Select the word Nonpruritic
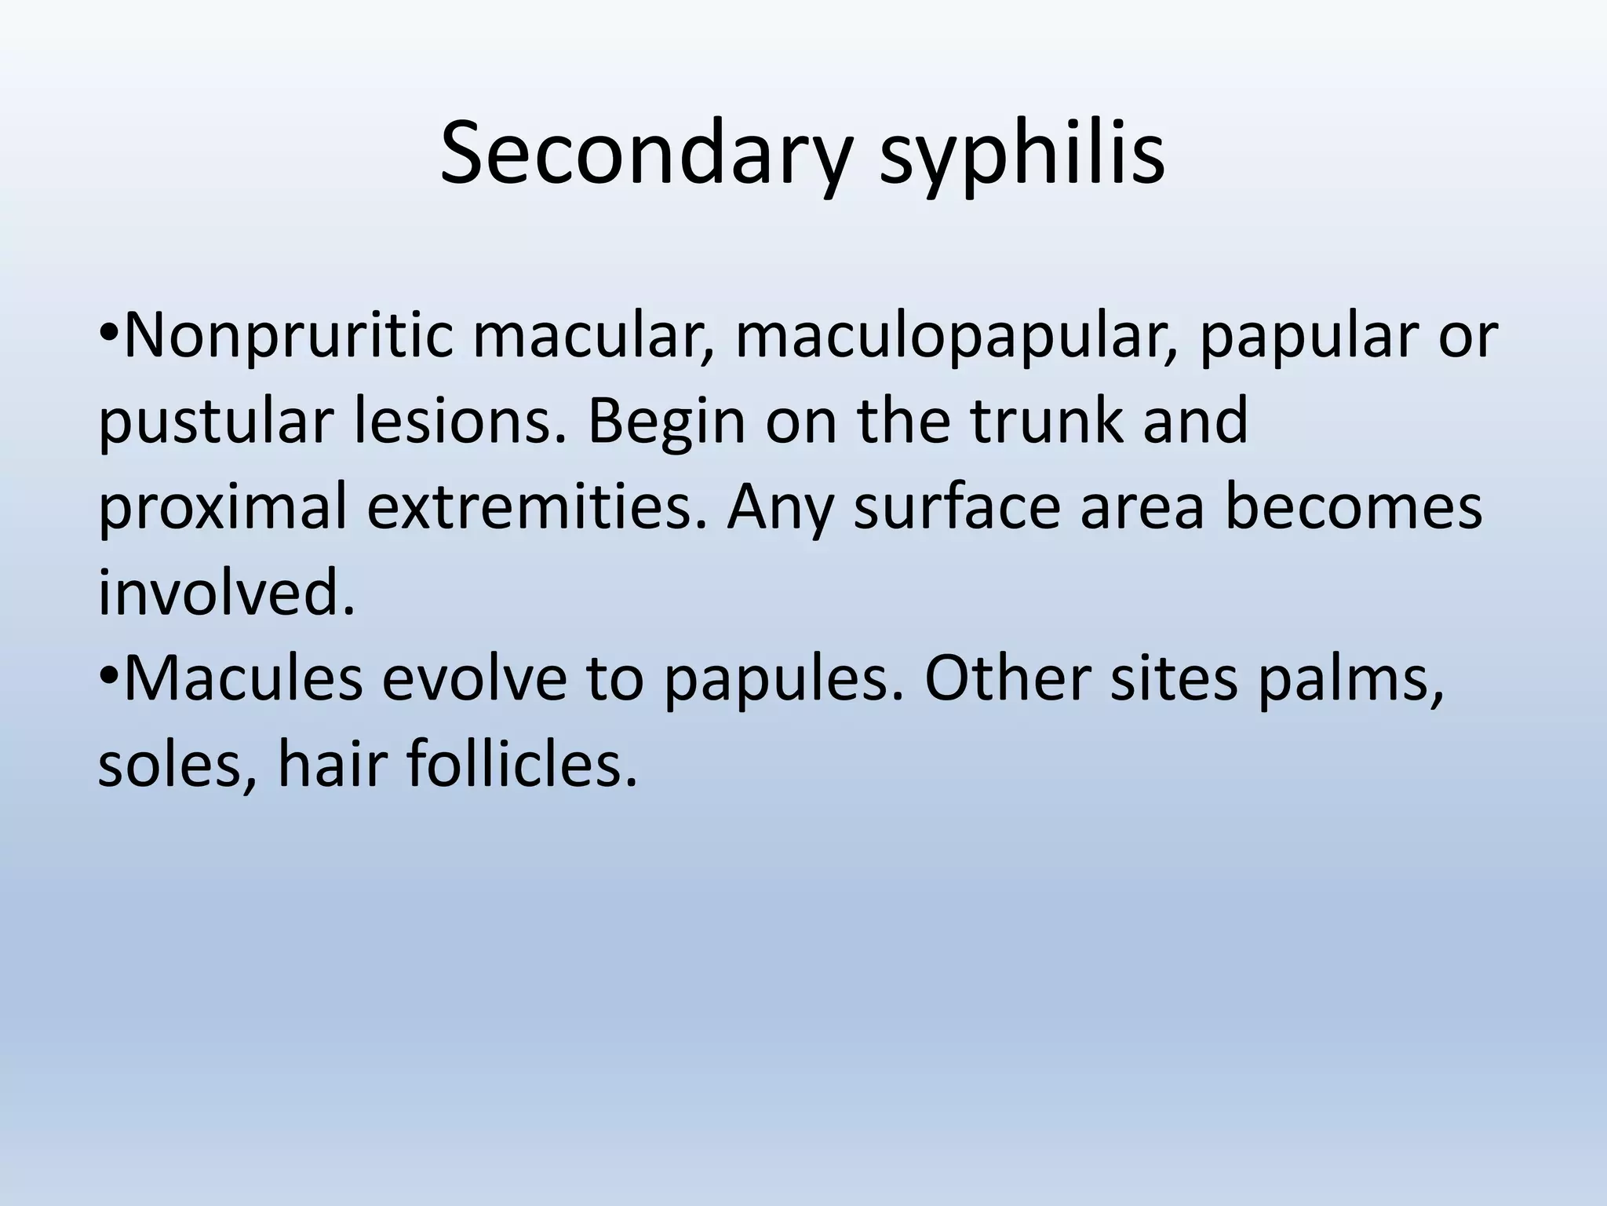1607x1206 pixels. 287,336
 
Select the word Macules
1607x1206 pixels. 244,679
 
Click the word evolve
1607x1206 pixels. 475,679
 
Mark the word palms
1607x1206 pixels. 1350,679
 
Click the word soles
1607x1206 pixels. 177,766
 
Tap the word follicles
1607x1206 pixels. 521,766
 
